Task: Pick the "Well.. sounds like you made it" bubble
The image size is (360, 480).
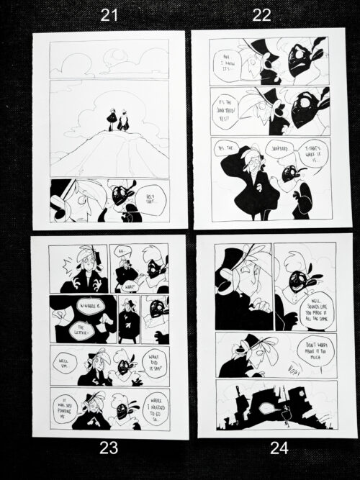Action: (x=319, y=304)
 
